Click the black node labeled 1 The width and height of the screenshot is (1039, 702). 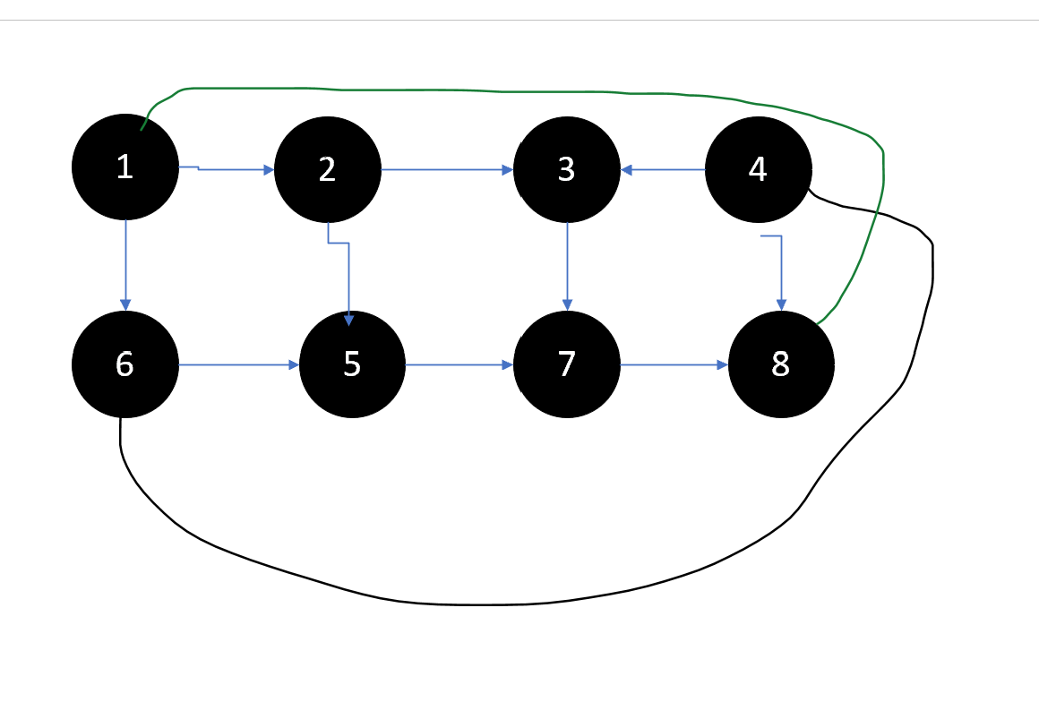tap(125, 167)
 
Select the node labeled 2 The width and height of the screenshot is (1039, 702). tap(327, 169)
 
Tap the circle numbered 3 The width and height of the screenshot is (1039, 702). tap(566, 169)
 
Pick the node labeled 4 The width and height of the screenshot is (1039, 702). tap(758, 169)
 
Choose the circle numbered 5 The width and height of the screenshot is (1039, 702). tap(352, 364)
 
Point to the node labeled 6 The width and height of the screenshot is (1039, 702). tap(125, 364)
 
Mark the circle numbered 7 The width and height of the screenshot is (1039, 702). tap(566, 364)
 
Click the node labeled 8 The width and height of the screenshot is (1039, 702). tap(781, 364)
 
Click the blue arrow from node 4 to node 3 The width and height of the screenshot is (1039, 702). tap(663, 169)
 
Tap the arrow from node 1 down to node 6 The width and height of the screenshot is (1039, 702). tap(125, 264)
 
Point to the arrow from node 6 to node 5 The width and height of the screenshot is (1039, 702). tap(238, 364)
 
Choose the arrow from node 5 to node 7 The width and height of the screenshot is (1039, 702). tap(459, 364)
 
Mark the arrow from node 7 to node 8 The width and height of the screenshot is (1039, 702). tap(674, 364)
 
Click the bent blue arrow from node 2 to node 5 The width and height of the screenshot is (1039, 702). tap(348, 278)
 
